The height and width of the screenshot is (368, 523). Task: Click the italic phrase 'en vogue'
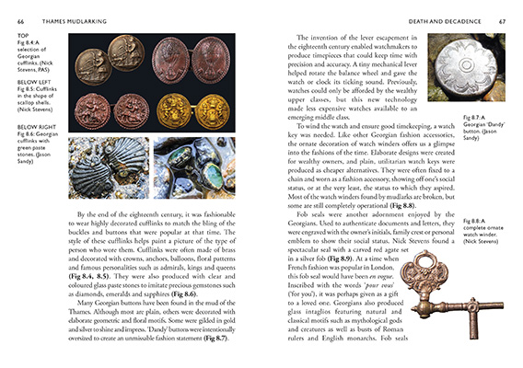[369, 275]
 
